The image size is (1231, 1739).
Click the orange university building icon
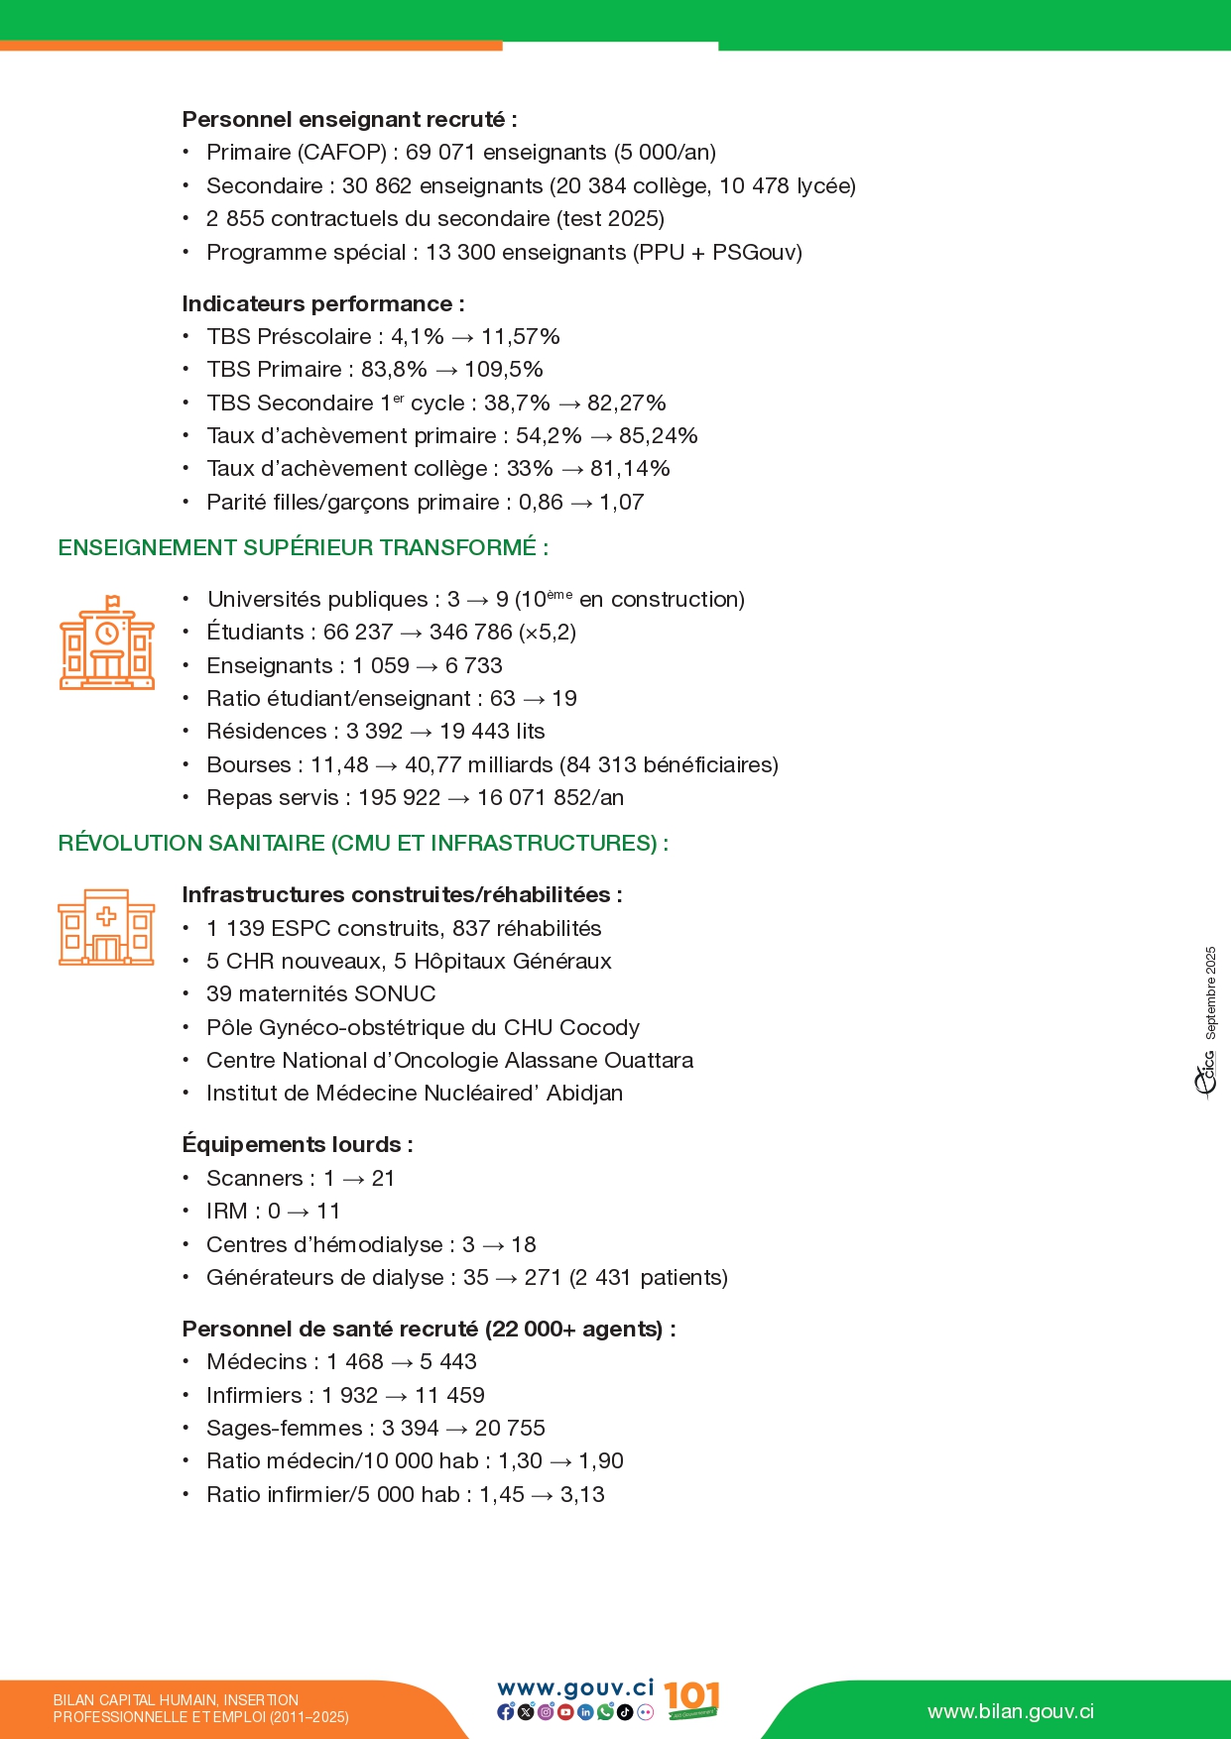point(107,643)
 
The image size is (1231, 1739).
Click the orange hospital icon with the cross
point(106,927)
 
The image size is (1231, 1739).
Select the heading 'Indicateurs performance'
point(322,304)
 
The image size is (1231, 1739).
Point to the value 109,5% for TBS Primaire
point(504,370)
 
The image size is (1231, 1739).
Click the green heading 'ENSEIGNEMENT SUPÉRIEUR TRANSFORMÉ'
point(303,548)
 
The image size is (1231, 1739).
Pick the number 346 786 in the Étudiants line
point(470,633)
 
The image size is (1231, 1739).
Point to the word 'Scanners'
point(255,1179)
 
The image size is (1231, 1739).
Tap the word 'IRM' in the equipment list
point(227,1212)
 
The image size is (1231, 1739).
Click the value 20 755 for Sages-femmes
point(510,1429)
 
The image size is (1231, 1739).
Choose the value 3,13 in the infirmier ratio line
point(582,1495)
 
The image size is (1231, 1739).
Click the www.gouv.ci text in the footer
point(575,1688)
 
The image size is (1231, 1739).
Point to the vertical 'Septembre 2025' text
point(1210,992)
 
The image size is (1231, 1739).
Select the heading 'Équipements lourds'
point(297,1145)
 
